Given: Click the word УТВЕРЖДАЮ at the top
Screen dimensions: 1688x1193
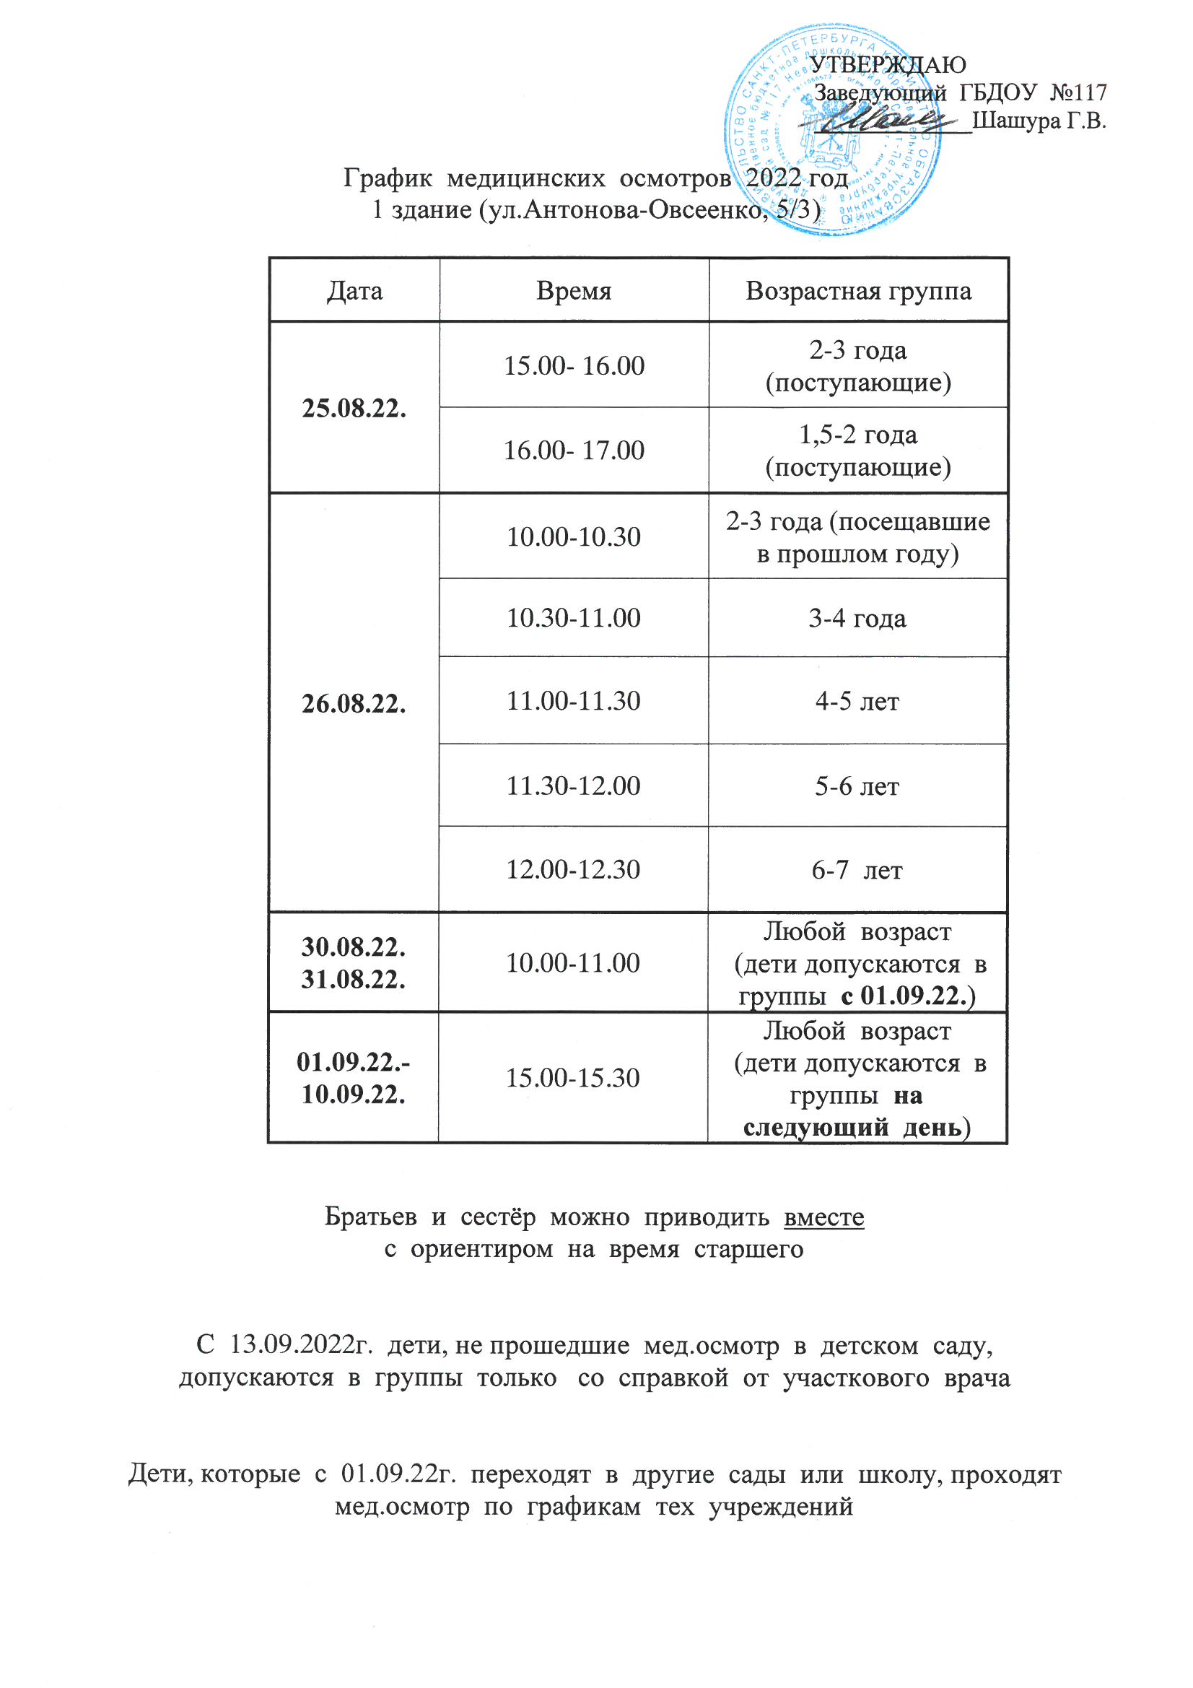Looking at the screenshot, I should pyautogui.click(x=888, y=65).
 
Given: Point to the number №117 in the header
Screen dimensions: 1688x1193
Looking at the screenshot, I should pyautogui.click(x=1078, y=92).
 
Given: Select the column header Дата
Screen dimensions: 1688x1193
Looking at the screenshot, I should pyautogui.click(x=354, y=291).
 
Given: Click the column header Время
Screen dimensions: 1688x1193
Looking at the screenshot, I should pyautogui.click(x=573, y=291).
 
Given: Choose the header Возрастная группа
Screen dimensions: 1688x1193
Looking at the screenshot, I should pyautogui.click(x=858, y=291).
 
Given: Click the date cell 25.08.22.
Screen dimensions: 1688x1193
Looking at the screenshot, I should pyautogui.click(x=354, y=408).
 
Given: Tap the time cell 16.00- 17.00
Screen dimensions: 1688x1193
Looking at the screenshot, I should pyautogui.click(x=573, y=450).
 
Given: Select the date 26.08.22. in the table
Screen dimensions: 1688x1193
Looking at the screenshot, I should pyautogui.click(x=354, y=704).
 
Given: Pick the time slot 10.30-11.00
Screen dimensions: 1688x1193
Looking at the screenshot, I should pyautogui.click(x=573, y=617).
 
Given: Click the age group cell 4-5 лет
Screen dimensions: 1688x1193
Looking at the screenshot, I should pyautogui.click(x=857, y=701).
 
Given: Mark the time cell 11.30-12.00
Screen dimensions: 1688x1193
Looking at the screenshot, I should pyautogui.click(x=573, y=786).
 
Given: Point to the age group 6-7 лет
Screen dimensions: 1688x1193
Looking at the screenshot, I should pyautogui.click(x=857, y=871).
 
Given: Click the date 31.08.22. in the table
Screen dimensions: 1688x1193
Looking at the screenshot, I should pyautogui.click(x=354, y=979).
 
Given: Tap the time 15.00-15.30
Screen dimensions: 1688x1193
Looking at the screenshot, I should pyautogui.click(x=573, y=1078).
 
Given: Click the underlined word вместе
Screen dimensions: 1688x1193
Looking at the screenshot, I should pyautogui.click(x=824, y=1217).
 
